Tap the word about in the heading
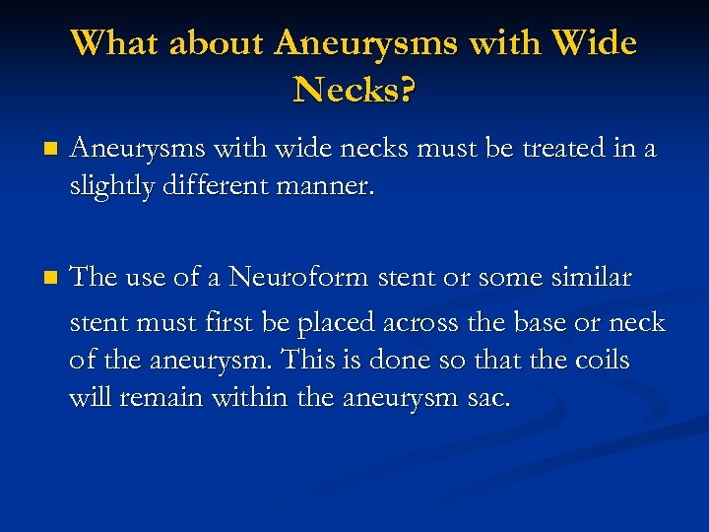tap(219, 43)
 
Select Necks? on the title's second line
tap(354, 91)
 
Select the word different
tap(216, 186)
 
